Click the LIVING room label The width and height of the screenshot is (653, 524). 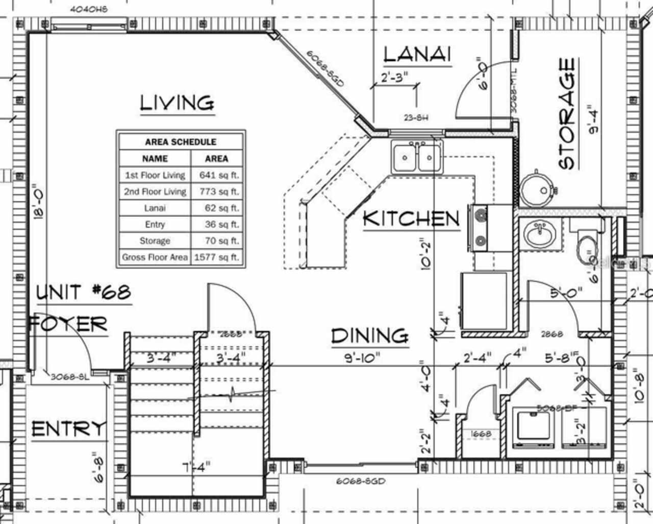(x=177, y=103)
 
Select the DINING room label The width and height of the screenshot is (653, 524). (x=370, y=336)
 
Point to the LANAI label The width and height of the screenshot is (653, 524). (x=417, y=54)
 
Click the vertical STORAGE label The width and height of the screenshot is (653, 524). (x=567, y=113)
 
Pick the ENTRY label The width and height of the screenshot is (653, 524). (x=69, y=429)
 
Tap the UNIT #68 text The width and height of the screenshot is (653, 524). (x=84, y=293)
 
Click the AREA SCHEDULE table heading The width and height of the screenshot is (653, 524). (x=181, y=142)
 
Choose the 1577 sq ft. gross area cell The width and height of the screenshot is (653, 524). (x=216, y=257)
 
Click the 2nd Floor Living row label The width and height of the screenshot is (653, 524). (x=155, y=192)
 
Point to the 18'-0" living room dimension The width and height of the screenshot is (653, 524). (x=37, y=202)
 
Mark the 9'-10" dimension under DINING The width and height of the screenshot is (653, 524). (x=362, y=358)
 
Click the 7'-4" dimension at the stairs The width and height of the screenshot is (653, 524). (x=196, y=466)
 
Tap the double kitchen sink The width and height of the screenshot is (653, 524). (x=417, y=158)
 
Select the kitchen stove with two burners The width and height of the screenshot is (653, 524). (x=481, y=228)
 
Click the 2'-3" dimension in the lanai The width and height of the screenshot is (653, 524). (x=394, y=77)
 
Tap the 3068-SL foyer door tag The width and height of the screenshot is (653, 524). (x=69, y=377)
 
